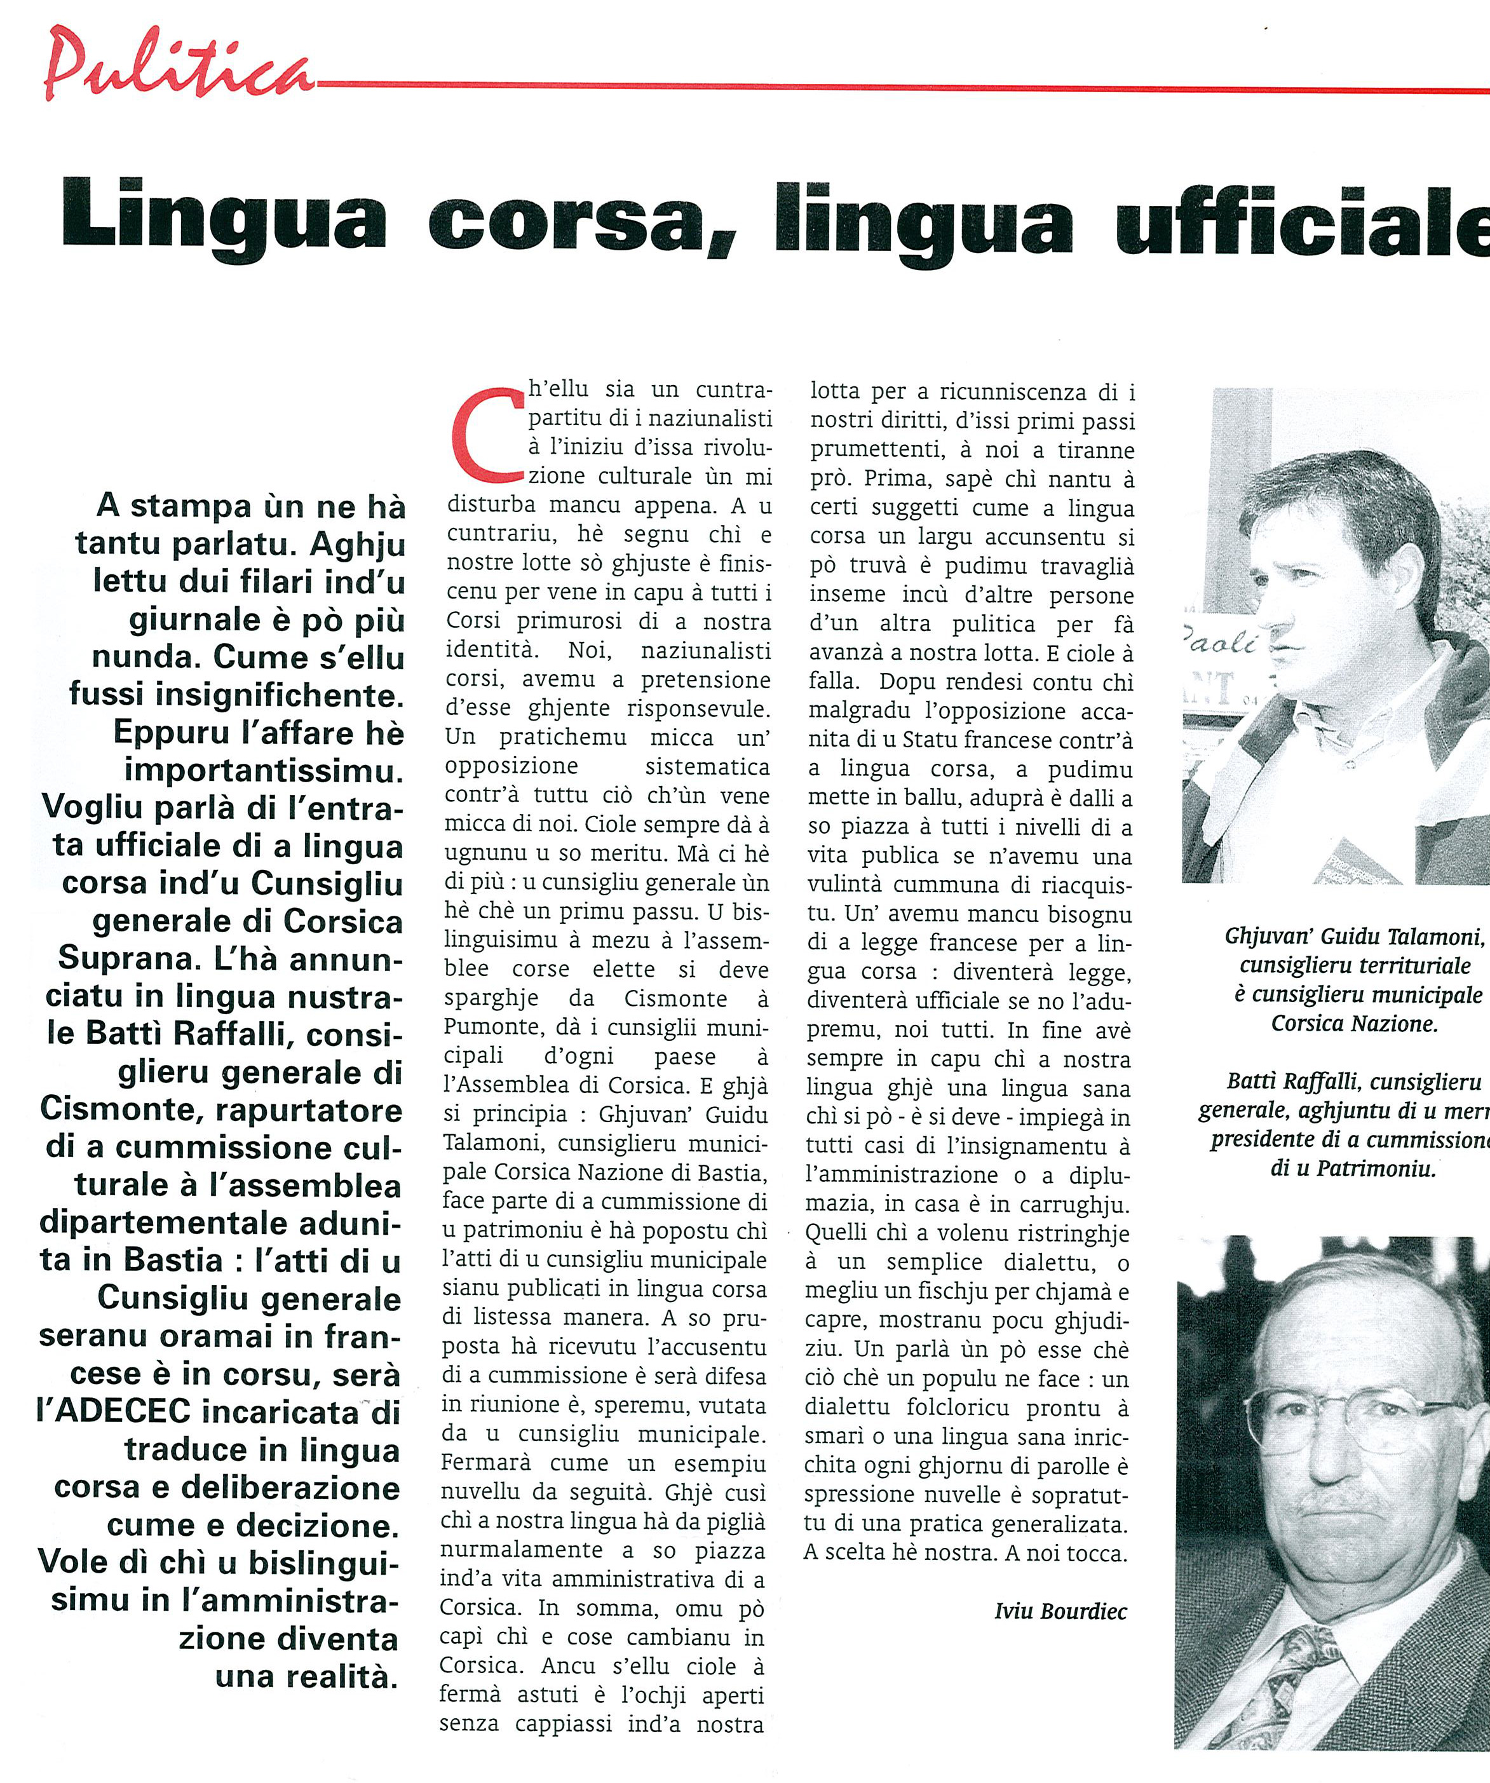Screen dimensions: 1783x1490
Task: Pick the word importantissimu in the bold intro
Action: tap(263, 771)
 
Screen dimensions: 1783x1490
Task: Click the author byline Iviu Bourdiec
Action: tap(1060, 1611)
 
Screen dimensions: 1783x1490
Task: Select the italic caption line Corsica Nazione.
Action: tap(1354, 1023)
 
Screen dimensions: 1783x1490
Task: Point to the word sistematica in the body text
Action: tap(707, 767)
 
